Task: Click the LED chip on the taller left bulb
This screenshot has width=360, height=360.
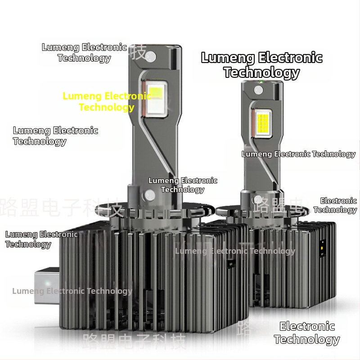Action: click(157, 97)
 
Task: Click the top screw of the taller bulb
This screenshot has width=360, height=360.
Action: click(151, 56)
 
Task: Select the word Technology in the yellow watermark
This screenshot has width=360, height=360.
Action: click(107, 107)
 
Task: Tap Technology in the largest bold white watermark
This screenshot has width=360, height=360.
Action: click(261, 72)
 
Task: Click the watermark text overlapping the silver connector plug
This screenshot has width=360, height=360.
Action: click(72, 291)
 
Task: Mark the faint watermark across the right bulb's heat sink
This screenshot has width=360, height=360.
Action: click(235, 251)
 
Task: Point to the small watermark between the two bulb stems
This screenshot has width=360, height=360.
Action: click(183, 185)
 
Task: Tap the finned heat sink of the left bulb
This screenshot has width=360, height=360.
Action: click(153, 274)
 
